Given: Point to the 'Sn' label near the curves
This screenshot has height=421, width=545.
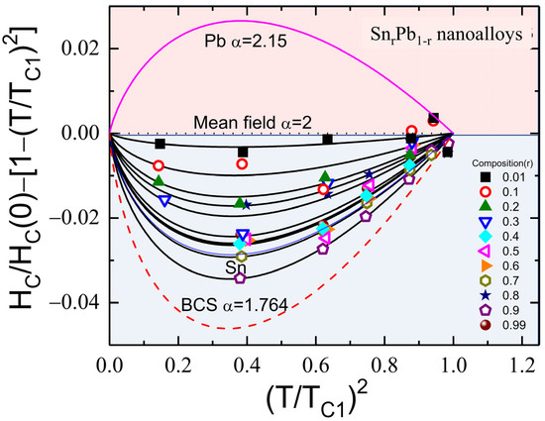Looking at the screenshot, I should pos(233,267).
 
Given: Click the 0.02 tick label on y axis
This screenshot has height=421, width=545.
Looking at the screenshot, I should pos(79,48).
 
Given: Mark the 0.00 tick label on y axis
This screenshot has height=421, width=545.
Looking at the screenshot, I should pos(79,133).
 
